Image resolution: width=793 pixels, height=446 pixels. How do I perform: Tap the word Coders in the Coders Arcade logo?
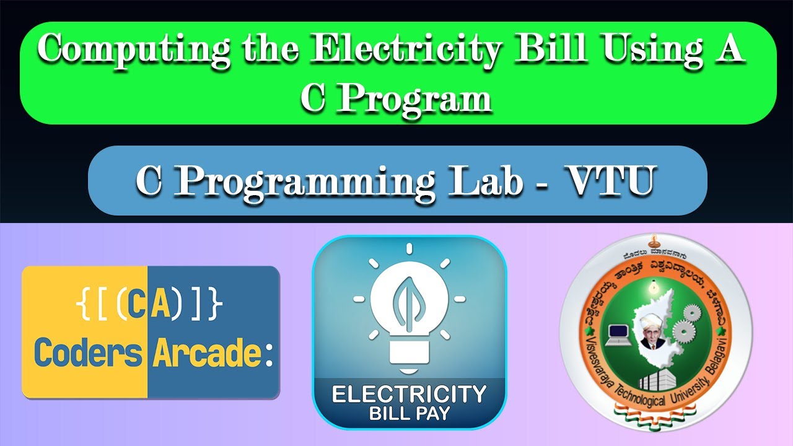click(x=87, y=352)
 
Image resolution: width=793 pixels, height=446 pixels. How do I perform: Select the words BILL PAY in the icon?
click(x=409, y=413)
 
